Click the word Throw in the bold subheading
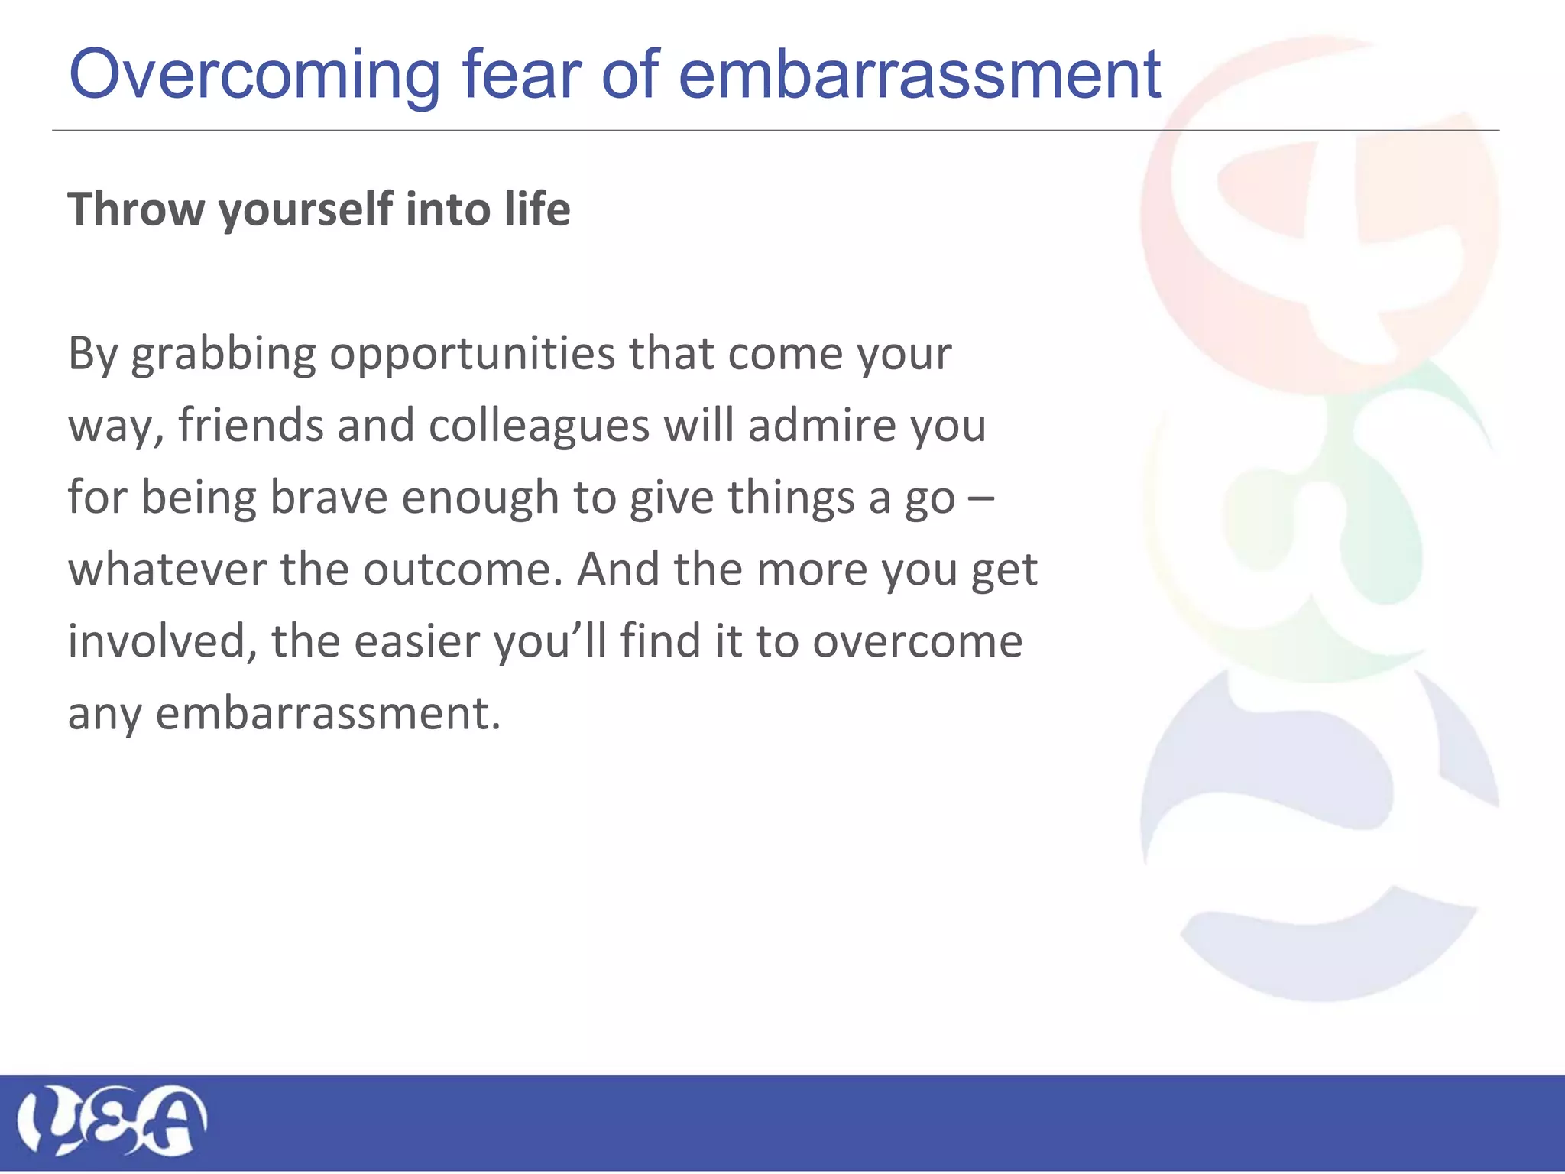pyautogui.click(x=136, y=209)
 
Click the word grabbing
pyautogui.click(x=223, y=356)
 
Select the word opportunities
pyautogui.click(x=472, y=356)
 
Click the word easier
pyautogui.click(x=417, y=641)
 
